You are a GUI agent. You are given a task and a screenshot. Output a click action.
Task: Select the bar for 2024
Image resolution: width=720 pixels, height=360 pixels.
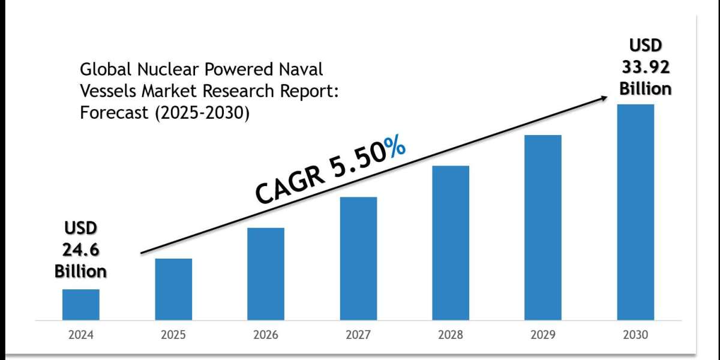(x=81, y=304)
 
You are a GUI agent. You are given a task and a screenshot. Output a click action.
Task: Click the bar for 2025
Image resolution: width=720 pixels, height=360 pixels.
(x=173, y=289)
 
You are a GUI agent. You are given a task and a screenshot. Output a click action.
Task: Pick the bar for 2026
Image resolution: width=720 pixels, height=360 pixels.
(x=266, y=274)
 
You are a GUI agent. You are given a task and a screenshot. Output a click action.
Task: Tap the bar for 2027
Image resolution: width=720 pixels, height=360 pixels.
(x=358, y=258)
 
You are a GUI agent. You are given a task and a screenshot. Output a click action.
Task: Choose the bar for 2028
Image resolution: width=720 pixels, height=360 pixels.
(x=451, y=242)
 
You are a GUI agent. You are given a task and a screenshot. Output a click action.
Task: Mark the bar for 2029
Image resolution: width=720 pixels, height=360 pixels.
(x=543, y=227)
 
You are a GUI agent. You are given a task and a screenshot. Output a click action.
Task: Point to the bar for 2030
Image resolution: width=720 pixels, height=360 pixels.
(x=635, y=212)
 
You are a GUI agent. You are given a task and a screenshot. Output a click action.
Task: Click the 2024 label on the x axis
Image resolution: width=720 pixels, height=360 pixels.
(x=81, y=335)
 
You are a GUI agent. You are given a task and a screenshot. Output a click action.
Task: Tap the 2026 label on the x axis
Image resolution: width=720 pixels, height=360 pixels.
(x=266, y=335)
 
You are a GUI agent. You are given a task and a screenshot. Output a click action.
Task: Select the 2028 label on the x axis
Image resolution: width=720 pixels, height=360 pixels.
(x=451, y=335)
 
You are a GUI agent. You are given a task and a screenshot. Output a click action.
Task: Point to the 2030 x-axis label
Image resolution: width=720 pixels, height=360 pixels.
(x=635, y=335)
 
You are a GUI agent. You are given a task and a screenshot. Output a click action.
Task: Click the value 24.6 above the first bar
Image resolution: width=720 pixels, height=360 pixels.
(x=81, y=250)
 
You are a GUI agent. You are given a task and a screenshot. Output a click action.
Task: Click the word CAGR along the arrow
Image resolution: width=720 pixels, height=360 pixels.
(x=287, y=182)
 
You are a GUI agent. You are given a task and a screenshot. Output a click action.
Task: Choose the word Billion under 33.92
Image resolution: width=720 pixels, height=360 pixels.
(x=646, y=88)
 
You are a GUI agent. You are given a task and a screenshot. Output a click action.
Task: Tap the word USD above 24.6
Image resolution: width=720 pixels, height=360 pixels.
(x=81, y=228)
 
